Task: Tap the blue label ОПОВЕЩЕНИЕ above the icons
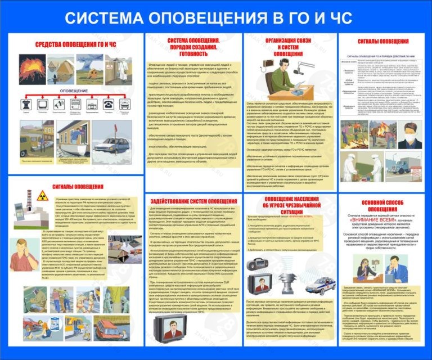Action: (74, 91)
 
